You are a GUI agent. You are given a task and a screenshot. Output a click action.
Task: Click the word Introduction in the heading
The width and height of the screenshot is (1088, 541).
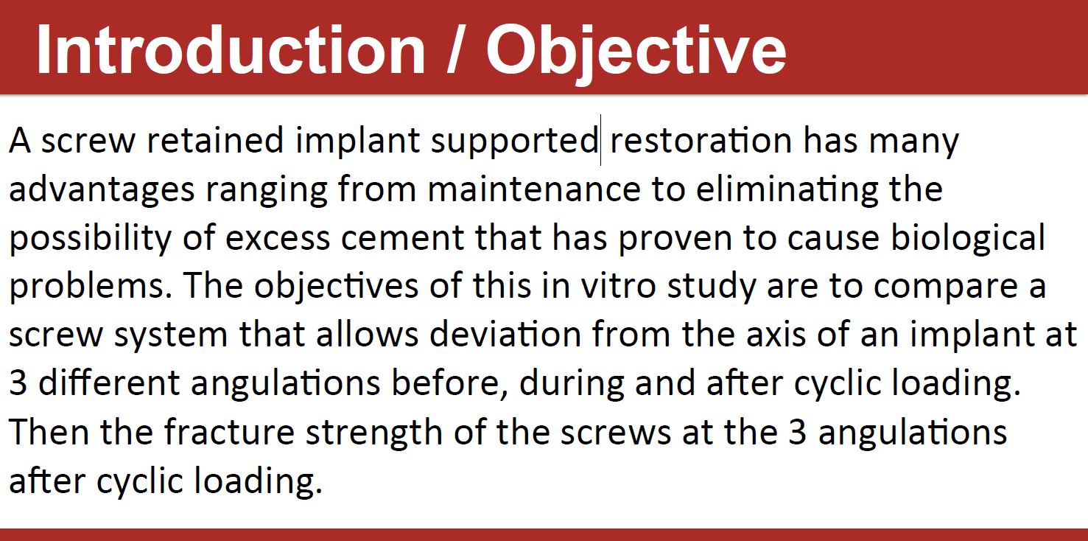click(231, 50)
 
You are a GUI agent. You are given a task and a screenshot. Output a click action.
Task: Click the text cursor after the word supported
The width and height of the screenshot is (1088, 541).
click(601, 140)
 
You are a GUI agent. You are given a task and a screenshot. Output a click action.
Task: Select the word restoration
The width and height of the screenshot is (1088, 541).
click(701, 140)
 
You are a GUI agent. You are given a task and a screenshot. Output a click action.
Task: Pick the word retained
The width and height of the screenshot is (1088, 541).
click(215, 140)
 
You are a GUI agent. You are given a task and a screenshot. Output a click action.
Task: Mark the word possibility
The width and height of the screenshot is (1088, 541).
click(91, 239)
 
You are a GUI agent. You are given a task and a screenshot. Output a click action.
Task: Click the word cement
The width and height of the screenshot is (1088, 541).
click(402, 238)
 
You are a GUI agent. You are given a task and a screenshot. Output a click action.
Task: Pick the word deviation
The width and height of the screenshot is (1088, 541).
click(505, 335)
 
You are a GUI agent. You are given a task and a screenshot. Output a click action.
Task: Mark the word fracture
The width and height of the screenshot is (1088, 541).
click(229, 432)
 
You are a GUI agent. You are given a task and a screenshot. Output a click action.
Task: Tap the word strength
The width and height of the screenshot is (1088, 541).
click(374, 433)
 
